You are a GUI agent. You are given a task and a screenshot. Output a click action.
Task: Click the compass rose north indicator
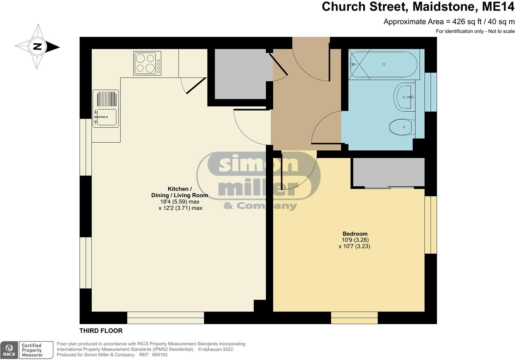[x=37, y=46]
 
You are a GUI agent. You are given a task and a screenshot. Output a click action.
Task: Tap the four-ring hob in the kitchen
[x=147, y=63]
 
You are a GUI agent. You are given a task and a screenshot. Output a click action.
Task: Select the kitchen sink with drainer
[x=106, y=108]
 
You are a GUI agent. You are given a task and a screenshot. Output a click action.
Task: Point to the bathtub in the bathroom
[x=384, y=65]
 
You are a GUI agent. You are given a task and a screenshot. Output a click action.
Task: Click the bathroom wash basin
[x=405, y=97]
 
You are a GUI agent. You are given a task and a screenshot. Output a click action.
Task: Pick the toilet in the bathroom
[x=401, y=127]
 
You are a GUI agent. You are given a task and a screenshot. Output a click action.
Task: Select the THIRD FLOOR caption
[x=101, y=331]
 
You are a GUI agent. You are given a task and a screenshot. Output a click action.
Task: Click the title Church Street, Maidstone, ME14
[x=418, y=7]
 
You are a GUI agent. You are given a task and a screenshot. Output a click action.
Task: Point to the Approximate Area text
[x=449, y=22]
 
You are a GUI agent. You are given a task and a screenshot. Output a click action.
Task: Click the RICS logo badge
[x=9, y=350]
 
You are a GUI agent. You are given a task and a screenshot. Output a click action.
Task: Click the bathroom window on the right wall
[x=431, y=92]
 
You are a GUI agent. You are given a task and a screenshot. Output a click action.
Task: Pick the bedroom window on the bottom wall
[x=354, y=318]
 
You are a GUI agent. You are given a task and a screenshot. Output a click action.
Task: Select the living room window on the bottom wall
[x=165, y=318]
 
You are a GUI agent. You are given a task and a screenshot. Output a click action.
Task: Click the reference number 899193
[x=160, y=355]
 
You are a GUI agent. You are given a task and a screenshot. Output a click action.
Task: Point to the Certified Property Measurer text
[x=32, y=350]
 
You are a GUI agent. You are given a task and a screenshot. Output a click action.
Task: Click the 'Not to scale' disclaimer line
[x=475, y=31]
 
